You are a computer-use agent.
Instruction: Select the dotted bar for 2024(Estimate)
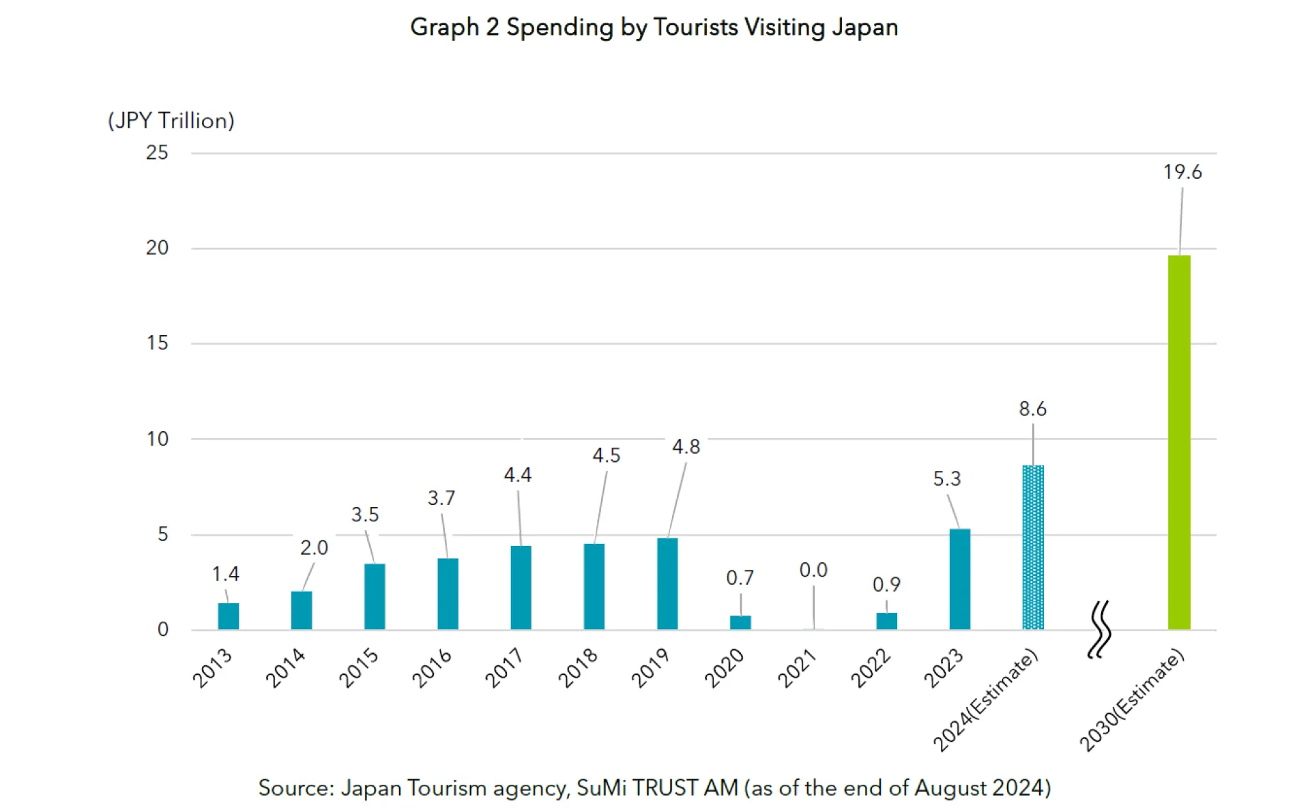(x=1032, y=547)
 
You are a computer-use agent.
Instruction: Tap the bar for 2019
(x=667, y=583)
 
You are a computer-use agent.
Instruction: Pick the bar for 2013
(x=228, y=616)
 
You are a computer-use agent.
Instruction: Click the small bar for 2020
(x=740, y=622)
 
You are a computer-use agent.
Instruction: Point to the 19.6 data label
(x=1182, y=172)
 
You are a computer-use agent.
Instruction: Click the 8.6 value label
(x=1032, y=409)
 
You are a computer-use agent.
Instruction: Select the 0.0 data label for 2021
(x=813, y=570)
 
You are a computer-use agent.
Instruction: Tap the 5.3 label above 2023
(x=946, y=478)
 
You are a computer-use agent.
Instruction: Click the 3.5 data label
(x=364, y=515)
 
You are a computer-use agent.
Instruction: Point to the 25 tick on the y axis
(x=157, y=152)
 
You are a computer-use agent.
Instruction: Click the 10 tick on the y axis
(x=157, y=439)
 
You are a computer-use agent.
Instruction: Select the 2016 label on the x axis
(x=431, y=668)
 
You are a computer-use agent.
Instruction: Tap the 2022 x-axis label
(x=871, y=668)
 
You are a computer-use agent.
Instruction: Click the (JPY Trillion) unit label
(x=171, y=121)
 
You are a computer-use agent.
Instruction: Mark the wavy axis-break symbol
(x=1098, y=629)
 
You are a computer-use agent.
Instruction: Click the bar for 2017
(x=521, y=587)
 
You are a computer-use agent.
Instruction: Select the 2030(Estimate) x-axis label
(x=1132, y=700)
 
